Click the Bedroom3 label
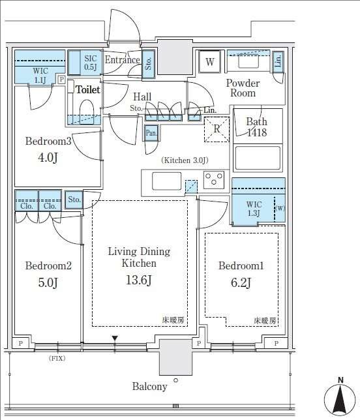click(48, 141)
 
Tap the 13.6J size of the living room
click(139, 280)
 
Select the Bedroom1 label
click(241, 265)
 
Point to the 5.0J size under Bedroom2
click(48, 282)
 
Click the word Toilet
click(88, 90)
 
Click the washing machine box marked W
click(210, 61)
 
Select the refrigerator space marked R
click(217, 129)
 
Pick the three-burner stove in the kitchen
click(213, 179)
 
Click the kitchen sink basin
click(166, 181)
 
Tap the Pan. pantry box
click(151, 132)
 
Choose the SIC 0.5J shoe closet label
click(91, 63)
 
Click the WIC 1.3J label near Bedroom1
click(254, 209)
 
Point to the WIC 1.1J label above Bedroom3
click(40, 75)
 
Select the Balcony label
click(150, 386)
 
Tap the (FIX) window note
click(57, 358)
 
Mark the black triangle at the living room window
click(115, 338)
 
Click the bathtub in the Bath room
click(258, 158)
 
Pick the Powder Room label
click(243, 88)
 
